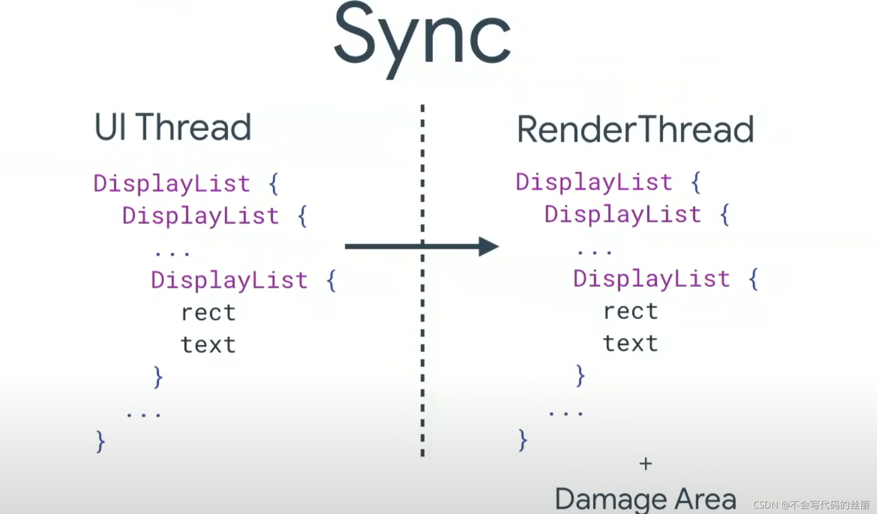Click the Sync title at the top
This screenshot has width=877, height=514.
(x=422, y=38)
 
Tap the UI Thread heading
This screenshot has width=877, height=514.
(x=172, y=127)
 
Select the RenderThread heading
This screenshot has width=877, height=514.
(x=635, y=129)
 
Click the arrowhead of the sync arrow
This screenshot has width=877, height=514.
(x=488, y=246)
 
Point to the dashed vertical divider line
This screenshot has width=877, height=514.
(x=422, y=351)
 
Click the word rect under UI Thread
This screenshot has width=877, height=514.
(x=208, y=313)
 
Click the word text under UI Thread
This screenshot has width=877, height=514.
(x=208, y=345)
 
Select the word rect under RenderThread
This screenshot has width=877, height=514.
(x=630, y=311)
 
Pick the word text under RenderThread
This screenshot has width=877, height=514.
(x=630, y=343)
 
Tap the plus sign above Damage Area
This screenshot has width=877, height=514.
(x=646, y=464)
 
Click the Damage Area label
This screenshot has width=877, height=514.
(x=645, y=499)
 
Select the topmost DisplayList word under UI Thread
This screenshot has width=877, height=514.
(x=171, y=184)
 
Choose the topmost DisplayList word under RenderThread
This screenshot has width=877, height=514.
(x=594, y=182)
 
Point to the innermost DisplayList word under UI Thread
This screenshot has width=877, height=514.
(x=229, y=280)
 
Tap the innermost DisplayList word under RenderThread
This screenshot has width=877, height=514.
(x=651, y=279)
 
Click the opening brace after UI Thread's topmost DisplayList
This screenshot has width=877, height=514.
(x=273, y=184)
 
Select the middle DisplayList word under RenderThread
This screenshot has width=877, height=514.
(x=623, y=215)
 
